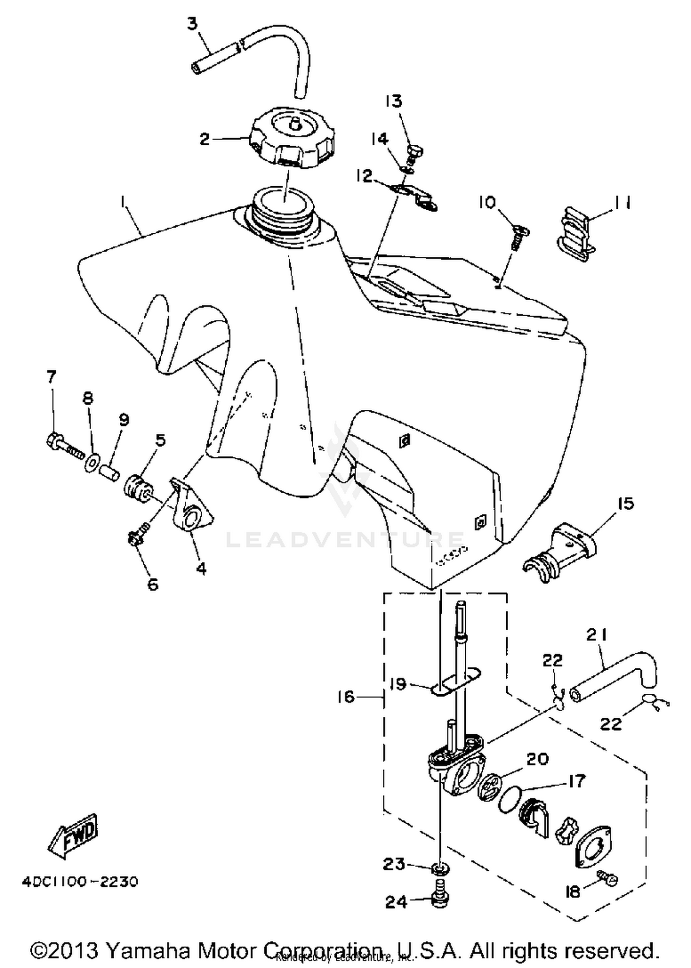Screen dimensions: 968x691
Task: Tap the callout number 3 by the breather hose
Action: (x=193, y=24)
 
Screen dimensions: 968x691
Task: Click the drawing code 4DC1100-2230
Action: (x=80, y=882)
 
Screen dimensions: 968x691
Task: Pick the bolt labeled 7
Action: (x=64, y=443)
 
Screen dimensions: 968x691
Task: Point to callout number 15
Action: (x=625, y=503)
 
